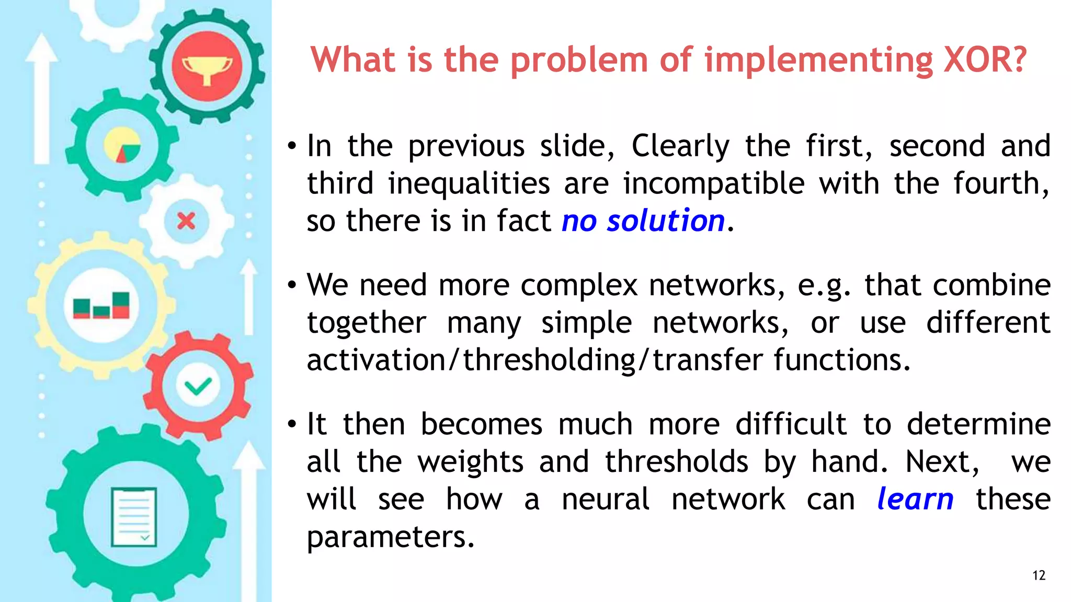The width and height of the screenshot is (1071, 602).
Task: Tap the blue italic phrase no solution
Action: [643, 221]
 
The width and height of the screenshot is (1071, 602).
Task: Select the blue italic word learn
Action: [915, 499]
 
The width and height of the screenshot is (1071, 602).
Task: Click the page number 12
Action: [1039, 575]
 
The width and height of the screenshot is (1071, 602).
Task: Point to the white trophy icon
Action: [207, 68]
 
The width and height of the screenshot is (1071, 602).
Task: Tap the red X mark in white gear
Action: [186, 221]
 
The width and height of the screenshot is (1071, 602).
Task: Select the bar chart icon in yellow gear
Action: [101, 305]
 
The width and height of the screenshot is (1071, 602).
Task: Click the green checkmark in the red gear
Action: [198, 386]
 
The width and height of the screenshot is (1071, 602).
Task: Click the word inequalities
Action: [469, 183]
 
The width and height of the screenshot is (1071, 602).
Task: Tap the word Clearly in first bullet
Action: [680, 146]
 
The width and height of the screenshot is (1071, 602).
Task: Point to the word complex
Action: [578, 285]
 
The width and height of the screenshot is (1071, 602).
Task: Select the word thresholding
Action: [549, 360]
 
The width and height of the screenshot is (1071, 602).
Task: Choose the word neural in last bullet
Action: [605, 499]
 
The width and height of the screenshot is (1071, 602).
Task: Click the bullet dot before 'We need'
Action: [292, 285]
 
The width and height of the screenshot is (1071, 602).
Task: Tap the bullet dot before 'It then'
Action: [292, 424]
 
